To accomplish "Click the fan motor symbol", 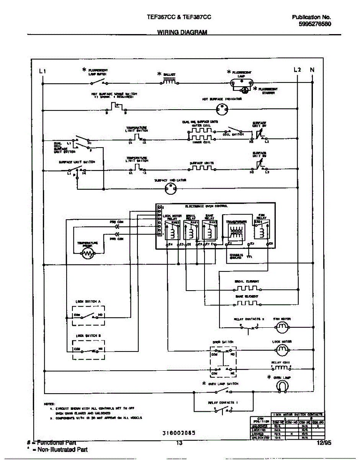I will pyautogui.click(x=282, y=326).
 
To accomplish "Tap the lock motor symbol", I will pyautogui.click(x=282, y=349).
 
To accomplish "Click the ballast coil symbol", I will pyautogui.click(x=169, y=82).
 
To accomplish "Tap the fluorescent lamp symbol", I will pyautogui.click(x=238, y=82).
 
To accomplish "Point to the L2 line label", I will pyautogui.click(x=298, y=70).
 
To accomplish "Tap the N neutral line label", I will pyautogui.click(x=312, y=70).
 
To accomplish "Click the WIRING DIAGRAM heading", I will pyautogui.click(x=182, y=33).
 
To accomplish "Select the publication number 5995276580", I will pyautogui.click(x=315, y=24).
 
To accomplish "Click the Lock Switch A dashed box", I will pyautogui.click(x=88, y=315).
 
